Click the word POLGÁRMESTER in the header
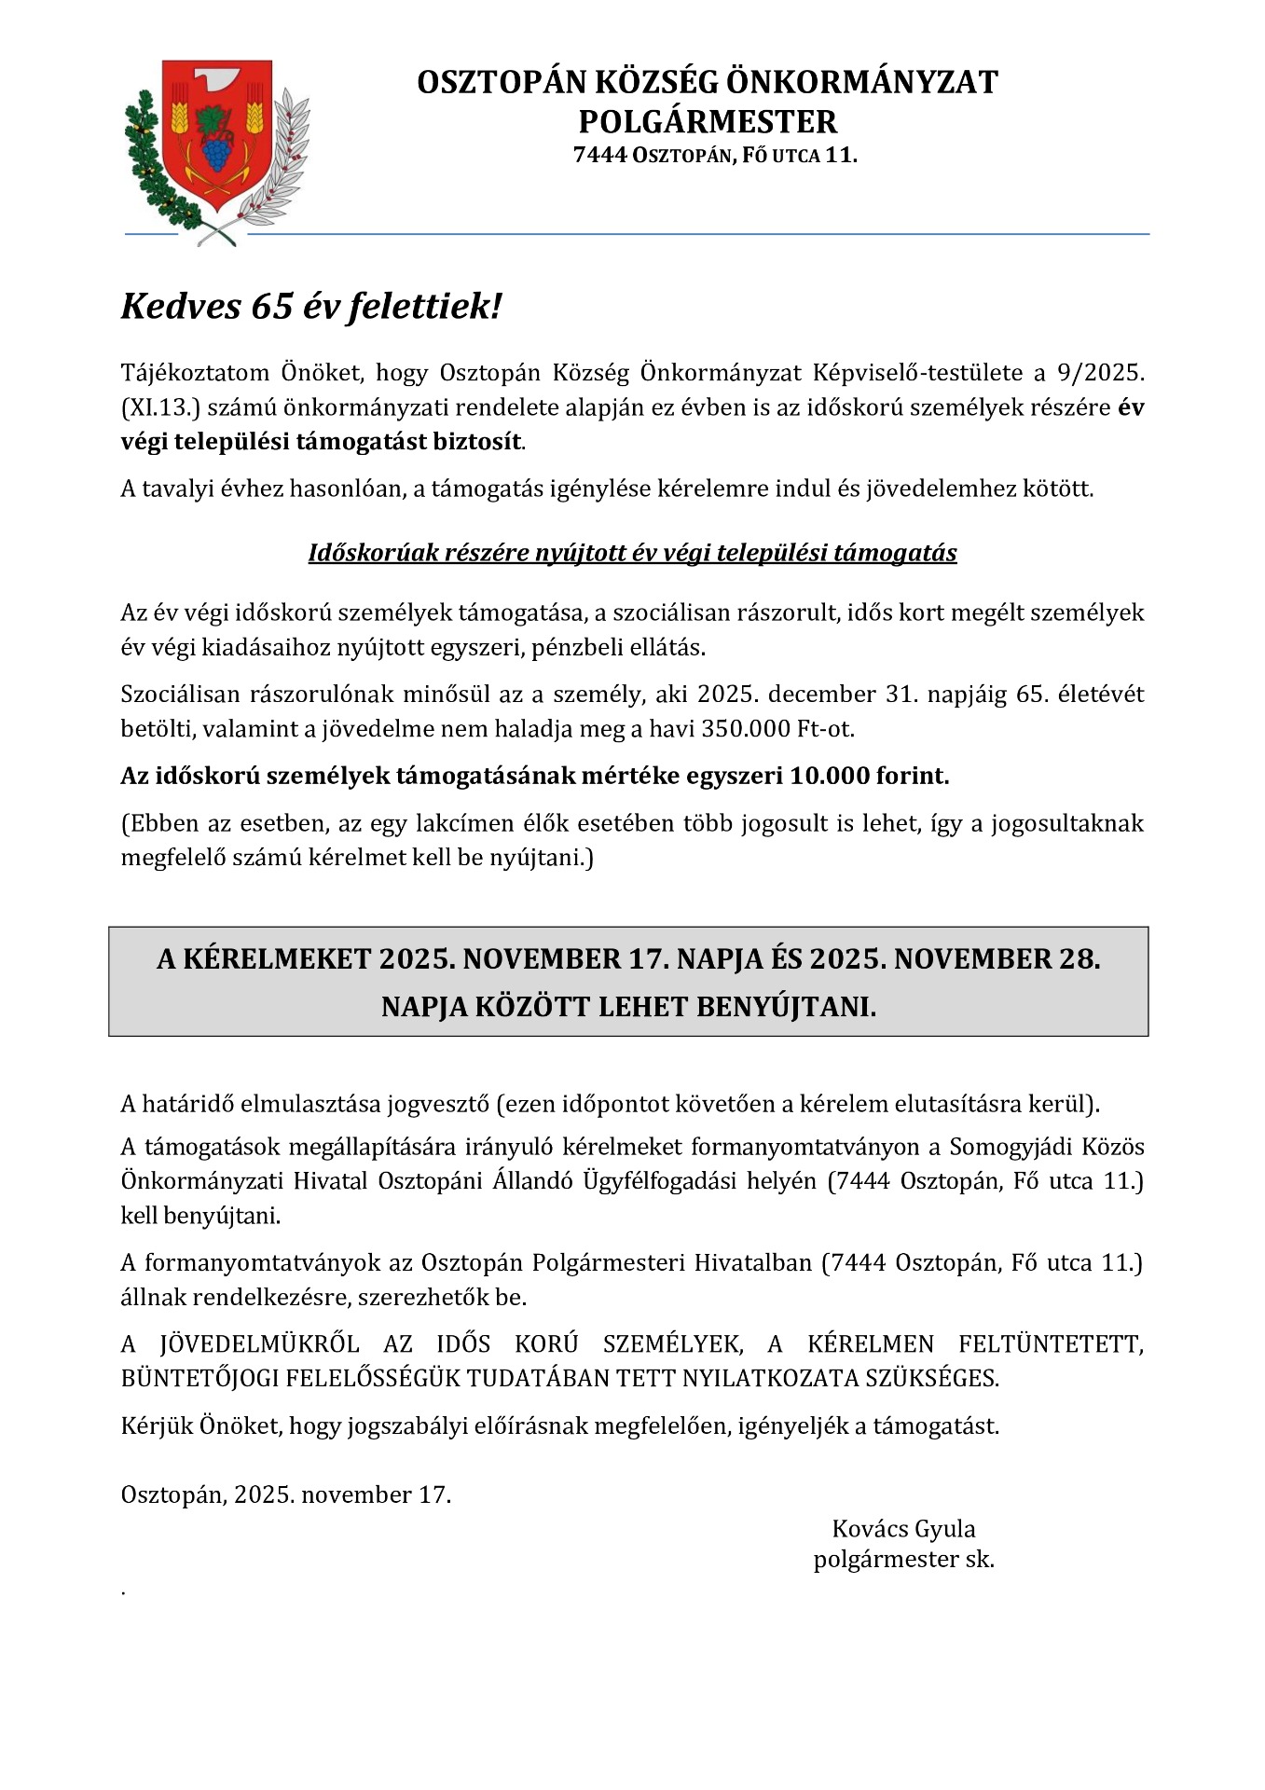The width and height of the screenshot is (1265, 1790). (708, 122)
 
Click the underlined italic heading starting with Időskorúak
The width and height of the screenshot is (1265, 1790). (632, 553)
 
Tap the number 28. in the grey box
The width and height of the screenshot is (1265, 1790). (1079, 959)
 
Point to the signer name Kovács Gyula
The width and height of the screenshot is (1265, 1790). (903, 1529)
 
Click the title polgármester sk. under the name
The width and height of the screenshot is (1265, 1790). (903, 1559)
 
